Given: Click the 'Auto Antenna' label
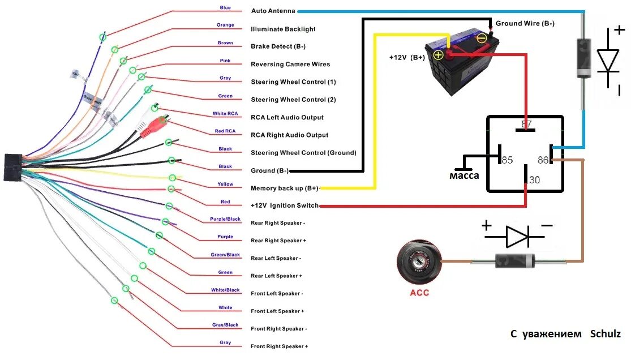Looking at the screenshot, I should coord(273,11).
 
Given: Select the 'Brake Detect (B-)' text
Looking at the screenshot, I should coord(279,46).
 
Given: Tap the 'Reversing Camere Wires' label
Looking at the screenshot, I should coord(290,65).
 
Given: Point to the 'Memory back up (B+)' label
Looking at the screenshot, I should coord(285,188).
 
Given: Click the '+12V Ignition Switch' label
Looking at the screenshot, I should coord(285,205).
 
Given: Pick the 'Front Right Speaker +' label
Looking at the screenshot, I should coord(279,346).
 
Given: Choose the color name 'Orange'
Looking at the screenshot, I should coord(225,25).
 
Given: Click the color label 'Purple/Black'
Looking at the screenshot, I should coord(225,219).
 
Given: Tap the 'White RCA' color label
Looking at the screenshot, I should coord(225,114).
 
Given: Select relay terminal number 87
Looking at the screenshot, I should coord(526,124).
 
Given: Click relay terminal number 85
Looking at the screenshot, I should coord(506,160).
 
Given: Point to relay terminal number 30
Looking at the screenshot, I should coord(533,180).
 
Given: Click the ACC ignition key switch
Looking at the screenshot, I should coord(419,262).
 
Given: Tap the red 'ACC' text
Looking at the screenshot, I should coord(419,293).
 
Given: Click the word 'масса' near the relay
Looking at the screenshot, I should coord(464,175).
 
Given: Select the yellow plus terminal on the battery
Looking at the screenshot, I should coord(438,55).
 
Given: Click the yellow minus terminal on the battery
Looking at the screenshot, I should coord(482,38).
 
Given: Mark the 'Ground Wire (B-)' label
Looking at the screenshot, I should coord(525,24).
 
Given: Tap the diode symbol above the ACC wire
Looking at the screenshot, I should coord(516,236).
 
